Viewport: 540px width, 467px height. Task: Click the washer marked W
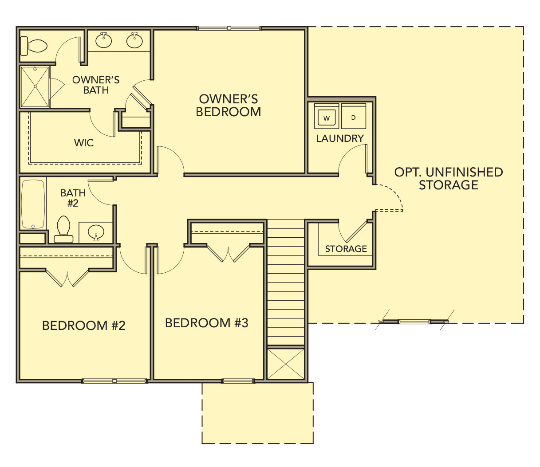[327, 117]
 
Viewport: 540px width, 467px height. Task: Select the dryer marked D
[354, 117]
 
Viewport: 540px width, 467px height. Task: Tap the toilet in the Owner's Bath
[35, 46]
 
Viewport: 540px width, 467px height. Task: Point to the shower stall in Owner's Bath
[35, 86]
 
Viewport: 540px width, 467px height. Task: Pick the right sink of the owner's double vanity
[134, 40]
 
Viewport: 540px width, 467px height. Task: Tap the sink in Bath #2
[96, 232]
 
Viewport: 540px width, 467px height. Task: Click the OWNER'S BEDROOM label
[229, 106]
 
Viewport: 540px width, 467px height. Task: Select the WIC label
[84, 143]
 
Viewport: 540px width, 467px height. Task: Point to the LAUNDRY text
[340, 138]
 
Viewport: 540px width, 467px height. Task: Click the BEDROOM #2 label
[84, 326]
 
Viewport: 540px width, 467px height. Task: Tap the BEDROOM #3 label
[207, 323]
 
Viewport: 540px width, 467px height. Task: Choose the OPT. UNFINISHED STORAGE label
[449, 178]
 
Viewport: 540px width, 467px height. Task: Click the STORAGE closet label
[346, 249]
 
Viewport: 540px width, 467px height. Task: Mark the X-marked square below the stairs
[286, 364]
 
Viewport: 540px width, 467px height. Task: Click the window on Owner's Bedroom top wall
[229, 28]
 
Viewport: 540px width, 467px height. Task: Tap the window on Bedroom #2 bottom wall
[114, 381]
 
